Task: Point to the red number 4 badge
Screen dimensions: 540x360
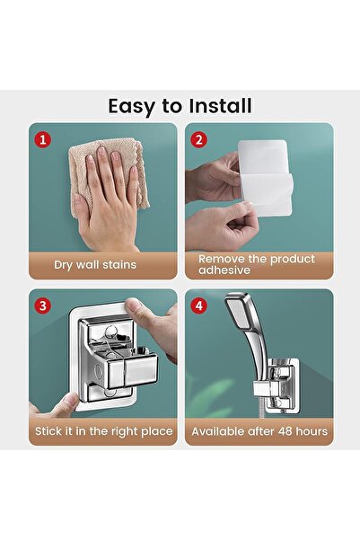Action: coord(199,304)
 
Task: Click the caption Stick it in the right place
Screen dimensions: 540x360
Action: coord(102,431)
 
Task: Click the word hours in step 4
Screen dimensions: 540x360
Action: coord(309,431)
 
